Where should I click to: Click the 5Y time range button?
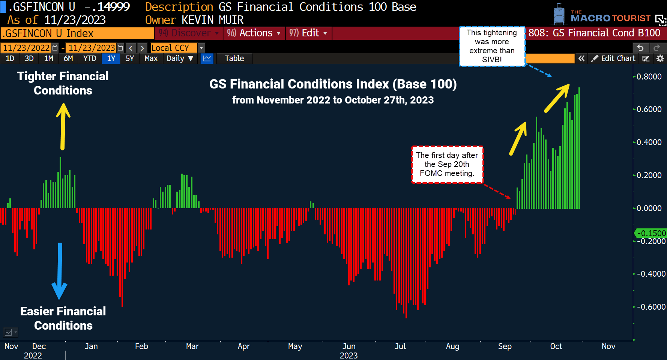coord(130,58)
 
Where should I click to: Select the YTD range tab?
coord(90,58)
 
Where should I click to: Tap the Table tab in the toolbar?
coord(234,58)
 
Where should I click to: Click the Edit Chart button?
coord(614,58)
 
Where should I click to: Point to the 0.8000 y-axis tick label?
coord(649,76)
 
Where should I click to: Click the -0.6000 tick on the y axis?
coord(650,307)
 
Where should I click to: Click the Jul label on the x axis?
coord(400,346)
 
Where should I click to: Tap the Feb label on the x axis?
coord(141,346)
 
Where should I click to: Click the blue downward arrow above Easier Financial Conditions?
coord(59,271)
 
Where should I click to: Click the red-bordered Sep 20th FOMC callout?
coord(447,164)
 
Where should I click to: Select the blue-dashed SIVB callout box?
coord(492,46)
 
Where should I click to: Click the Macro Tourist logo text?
coord(610,18)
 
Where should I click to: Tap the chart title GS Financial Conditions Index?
coord(333,84)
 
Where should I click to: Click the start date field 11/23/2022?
coord(26,48)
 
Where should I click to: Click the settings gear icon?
coord(660,58)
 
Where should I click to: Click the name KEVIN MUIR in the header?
coord(212,20)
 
